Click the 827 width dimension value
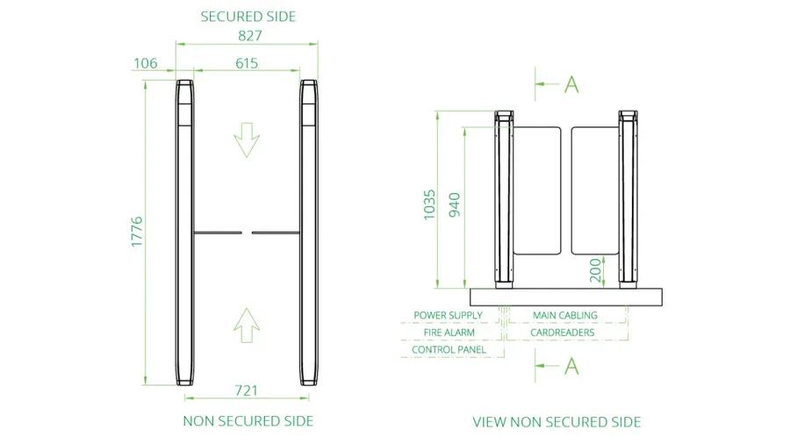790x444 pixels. [250, 36]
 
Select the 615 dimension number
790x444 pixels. [247, 63]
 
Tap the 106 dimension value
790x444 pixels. [145, 63]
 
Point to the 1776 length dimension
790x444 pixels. [137, 232]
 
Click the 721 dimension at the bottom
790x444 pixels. [247, 390]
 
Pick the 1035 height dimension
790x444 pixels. [428, 204]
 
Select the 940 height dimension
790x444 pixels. [455, 204]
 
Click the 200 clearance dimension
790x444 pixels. [595, 270]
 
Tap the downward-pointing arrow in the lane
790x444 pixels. [247, 140]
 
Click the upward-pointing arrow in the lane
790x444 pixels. [247, 326]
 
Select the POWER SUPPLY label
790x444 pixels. [448, 315]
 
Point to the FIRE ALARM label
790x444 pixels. [449, 333]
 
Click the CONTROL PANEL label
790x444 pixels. [449, 349]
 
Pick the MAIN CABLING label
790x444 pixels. [565, 315]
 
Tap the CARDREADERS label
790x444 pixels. [563, 333]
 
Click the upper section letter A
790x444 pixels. [571, 84]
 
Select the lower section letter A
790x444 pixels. [571, 366]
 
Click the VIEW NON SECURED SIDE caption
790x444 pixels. [557, 422]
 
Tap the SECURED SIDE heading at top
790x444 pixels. [248, 17]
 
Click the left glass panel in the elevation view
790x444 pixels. [537, 190]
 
